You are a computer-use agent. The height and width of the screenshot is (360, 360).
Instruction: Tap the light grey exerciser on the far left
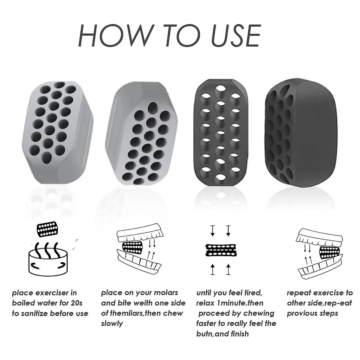click(x=58, y=133)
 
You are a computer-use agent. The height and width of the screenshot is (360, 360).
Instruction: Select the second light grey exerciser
click(x=141, y=133)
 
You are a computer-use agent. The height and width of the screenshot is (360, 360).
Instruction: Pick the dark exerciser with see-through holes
click(x=221, y=133)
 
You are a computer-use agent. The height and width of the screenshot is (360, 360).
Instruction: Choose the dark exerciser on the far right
click(x=301, y=132)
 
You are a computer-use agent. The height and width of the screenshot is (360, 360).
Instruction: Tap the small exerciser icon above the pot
click(x=47, y=229)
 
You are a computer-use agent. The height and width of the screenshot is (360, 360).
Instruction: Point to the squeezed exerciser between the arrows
click(x=220, y=250)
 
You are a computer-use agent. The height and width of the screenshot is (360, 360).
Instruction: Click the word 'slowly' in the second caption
click(x=112, y=324)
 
